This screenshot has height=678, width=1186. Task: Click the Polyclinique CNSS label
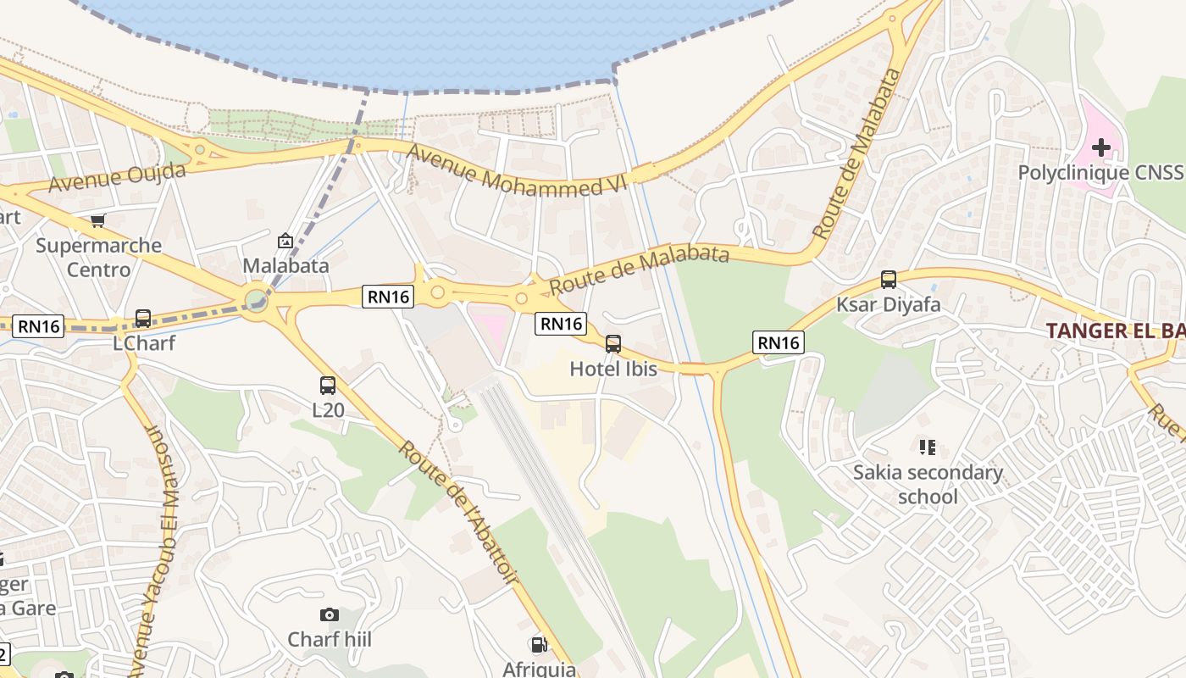[x=1100, y=173]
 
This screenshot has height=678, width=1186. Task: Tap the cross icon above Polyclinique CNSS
[x=1100, y=148]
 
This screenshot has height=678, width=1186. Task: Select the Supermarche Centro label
[x=99, y=258]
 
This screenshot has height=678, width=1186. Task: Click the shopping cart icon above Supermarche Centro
[x=97, y=221]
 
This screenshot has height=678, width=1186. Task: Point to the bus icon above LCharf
[x=143, y=319]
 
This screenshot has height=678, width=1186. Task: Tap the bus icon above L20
[x=328, y=386]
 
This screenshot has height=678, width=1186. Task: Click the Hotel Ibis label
[x=612, y=369]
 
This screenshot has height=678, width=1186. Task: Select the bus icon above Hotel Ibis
[x=612, y=344]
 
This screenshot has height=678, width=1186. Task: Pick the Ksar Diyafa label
[x=889, y=304]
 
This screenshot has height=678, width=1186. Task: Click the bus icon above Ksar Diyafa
[x=889, y=279]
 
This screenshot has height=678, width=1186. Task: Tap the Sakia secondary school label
[x=928, y=484]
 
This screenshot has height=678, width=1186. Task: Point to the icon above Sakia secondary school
[x=928, y=447]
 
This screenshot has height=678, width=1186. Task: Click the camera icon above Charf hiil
[x=330, y=614]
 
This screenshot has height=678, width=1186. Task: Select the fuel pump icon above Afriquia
[x=538, y=645]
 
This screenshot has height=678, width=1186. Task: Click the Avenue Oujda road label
[x=117, y=177]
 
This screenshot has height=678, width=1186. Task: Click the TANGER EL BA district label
[x=1115, y=331]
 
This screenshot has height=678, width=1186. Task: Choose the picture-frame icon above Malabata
[x=285, y=241]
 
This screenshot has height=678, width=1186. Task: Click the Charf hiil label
[x=330, y=639]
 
